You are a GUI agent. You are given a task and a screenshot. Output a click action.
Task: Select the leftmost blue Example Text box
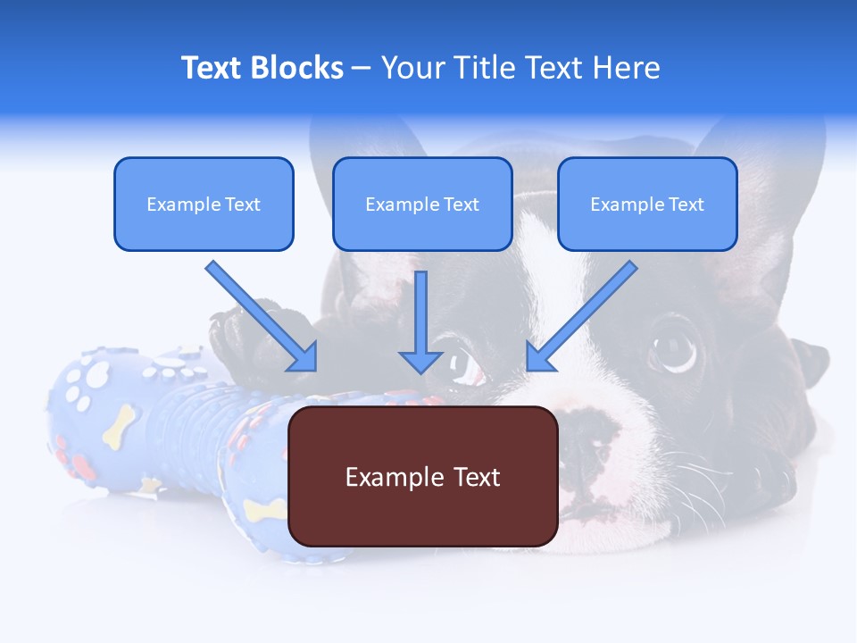204,204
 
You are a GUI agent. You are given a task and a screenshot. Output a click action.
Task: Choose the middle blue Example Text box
422,204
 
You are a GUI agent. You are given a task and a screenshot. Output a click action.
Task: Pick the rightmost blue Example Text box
647,204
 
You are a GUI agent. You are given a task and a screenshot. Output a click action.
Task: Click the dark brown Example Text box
422,476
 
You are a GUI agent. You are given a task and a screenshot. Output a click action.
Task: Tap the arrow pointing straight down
420,321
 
